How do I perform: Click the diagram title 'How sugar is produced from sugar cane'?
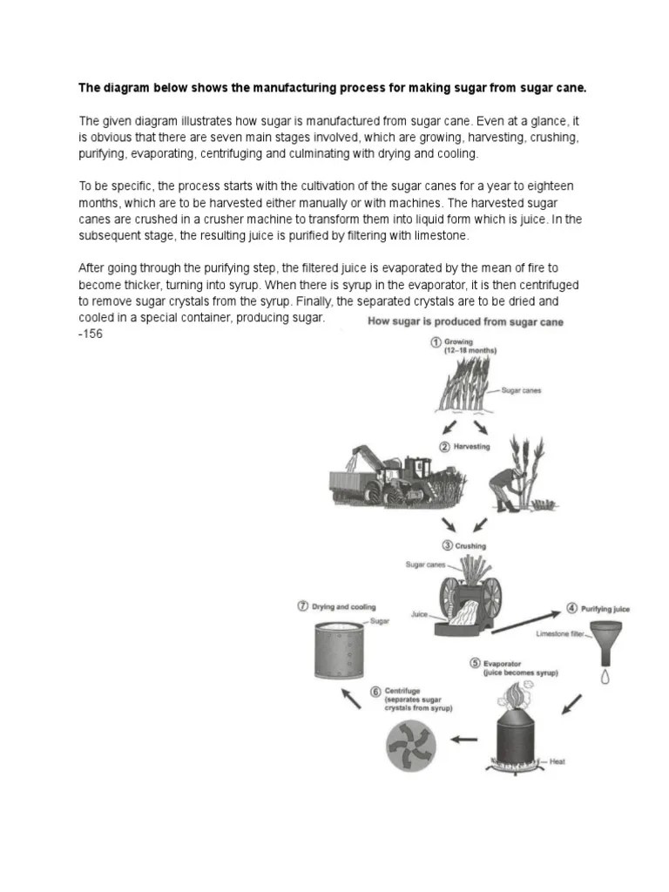[465, 322]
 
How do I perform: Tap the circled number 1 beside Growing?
[435, 342]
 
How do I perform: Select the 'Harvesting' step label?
[471, 447]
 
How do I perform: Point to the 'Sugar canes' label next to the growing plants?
[521, 391]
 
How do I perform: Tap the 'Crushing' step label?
[470, 546]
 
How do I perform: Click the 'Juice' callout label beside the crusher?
[420, 614]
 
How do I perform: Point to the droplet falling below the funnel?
[606, 674]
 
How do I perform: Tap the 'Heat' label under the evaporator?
[557, 761]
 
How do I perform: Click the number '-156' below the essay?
[91, 334]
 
